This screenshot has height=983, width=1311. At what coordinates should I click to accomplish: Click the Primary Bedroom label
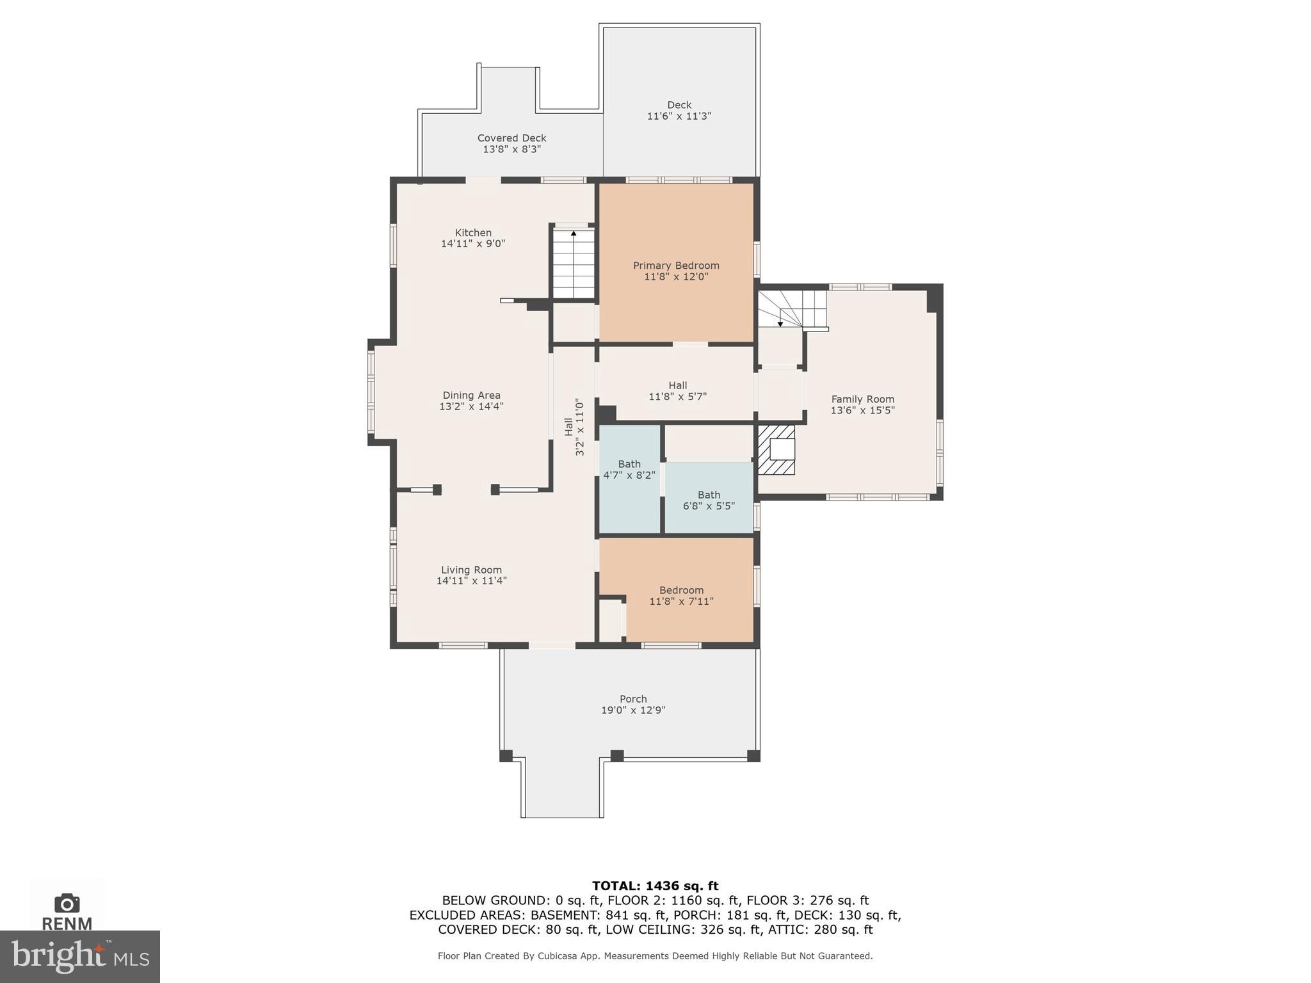(x=676, y=266)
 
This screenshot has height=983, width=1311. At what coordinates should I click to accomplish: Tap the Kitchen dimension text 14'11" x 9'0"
(x=473, y=244)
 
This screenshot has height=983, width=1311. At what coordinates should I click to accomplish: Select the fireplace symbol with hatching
(x=776, y=450)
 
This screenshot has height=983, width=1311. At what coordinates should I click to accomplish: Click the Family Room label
(x=862, y=399)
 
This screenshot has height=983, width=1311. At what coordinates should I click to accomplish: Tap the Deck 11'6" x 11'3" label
(x=679, y=111)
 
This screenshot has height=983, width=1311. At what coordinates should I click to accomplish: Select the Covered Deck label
(x=511, y=138)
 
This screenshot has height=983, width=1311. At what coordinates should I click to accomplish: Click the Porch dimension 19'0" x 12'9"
(x=633, y=710)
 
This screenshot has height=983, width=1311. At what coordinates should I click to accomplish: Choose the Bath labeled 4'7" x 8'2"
(x=629, y=470)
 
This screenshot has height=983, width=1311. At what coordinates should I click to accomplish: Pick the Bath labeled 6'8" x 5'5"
(x=709, y=500)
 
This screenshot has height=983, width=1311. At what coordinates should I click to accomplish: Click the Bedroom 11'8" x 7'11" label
(x=681, y=596)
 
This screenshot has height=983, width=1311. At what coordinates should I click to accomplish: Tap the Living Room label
(x=471, y=570)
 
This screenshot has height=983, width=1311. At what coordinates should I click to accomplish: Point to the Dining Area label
(x=471, y=396)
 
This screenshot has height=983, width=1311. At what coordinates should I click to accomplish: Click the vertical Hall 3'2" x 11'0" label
(x=574, y=427)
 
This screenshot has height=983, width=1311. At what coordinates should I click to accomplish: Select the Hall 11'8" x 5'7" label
(x=677, y=390)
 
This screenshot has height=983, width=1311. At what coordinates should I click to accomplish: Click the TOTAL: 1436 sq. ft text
(x=655, y=886)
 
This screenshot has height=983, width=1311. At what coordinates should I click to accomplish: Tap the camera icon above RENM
(x=67, y=903)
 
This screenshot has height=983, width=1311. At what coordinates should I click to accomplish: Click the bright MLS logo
(x=80, y=956)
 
